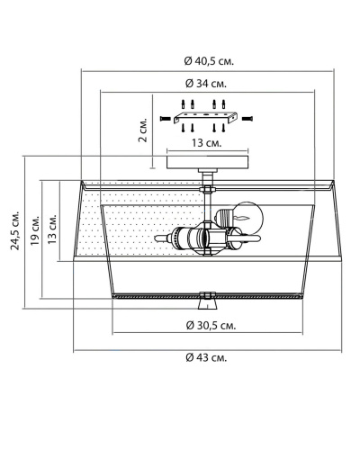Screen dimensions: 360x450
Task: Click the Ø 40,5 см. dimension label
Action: click(209, 61)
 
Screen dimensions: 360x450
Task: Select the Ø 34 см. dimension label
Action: click(206, 83)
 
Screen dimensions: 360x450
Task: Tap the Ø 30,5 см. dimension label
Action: click(211, 325)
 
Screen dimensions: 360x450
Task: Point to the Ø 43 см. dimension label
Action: click(206, 357)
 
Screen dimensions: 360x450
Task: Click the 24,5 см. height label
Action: click(15, 230)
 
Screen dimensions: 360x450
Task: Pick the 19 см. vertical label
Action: click(35, 229)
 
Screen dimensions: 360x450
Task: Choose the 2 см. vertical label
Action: click(143, 130)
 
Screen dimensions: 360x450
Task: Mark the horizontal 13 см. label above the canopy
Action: click(207, 143)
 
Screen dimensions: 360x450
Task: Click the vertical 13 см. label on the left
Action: click(52, 229)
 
